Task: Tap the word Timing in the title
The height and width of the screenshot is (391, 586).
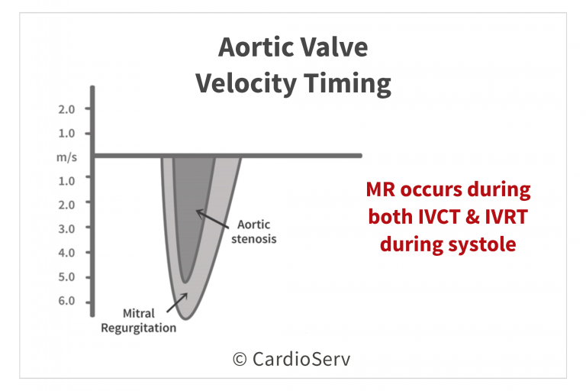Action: pos(347,84)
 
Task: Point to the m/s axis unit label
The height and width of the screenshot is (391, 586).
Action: pos(66,157)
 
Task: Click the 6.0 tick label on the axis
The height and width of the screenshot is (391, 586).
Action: pos(66,301)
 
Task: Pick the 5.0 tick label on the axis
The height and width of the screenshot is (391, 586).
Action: pos(66,277)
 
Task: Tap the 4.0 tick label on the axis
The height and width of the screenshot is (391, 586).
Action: pos(66,253)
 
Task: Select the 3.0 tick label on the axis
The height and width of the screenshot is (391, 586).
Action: pos(66,228)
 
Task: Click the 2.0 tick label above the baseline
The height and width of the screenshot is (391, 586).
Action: pos(66,109)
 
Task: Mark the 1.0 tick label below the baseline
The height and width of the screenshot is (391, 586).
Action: pos(66,181)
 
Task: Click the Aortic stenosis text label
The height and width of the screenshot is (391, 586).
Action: pos(254,231)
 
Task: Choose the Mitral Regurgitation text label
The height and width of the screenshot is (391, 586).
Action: pos(138,321)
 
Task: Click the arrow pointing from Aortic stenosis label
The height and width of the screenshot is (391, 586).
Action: pos(212,219)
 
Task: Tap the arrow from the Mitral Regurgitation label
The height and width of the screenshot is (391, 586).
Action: pos(177,302)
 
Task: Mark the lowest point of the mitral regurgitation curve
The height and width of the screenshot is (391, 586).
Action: pos(185,318)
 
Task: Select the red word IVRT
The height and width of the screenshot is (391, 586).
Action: pos(507,217)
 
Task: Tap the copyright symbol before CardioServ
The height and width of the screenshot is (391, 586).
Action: pos(240,360)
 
